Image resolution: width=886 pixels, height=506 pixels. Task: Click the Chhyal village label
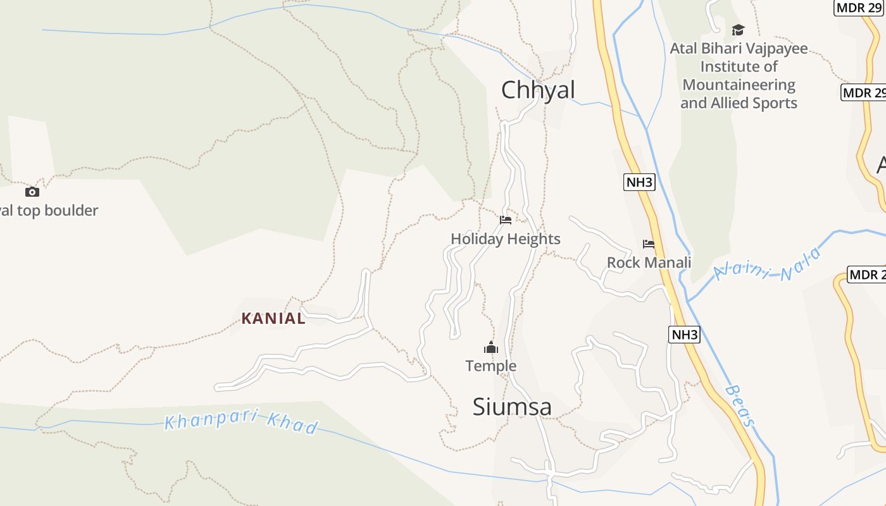pyautogui.click(x=538, y=90)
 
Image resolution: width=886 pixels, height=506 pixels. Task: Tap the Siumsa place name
pyautogui.click(x=512, y=407)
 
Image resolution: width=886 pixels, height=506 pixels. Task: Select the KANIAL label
pyautogui.click(x=273, y=318)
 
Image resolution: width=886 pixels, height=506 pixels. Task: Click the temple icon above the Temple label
pyautogui.click(x=491, y=347)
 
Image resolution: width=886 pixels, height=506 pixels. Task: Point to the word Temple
pyautogui.click(x=491, y=366)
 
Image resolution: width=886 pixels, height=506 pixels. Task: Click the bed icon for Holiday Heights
pyautogui.click(x=505, y=220)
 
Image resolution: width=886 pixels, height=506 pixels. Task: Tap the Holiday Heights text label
pyautogui.click(x=505, y=238)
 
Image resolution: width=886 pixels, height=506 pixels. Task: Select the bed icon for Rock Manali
pyautogui.click(x=648, y=244)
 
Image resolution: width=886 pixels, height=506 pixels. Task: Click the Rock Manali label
pyautogui.click(x=649, y=262)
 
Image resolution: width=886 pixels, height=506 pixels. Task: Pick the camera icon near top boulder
pyautogui.click(x=32, y=192)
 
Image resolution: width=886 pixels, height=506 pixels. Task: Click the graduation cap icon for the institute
pyautogui.click(x=738, y=30)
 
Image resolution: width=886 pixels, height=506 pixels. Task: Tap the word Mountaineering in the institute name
pyautogui.click(x=739, y=85)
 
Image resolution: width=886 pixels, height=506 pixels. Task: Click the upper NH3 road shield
pyautogui.click(x=639, y=183)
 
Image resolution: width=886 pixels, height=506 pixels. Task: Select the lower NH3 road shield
pyautogui.click(x=684, y=335)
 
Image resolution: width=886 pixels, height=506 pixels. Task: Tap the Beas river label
pyautogui.click(x=740, y=405)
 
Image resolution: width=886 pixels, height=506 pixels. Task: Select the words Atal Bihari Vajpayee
pyautogui.click(x=739, y=48)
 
